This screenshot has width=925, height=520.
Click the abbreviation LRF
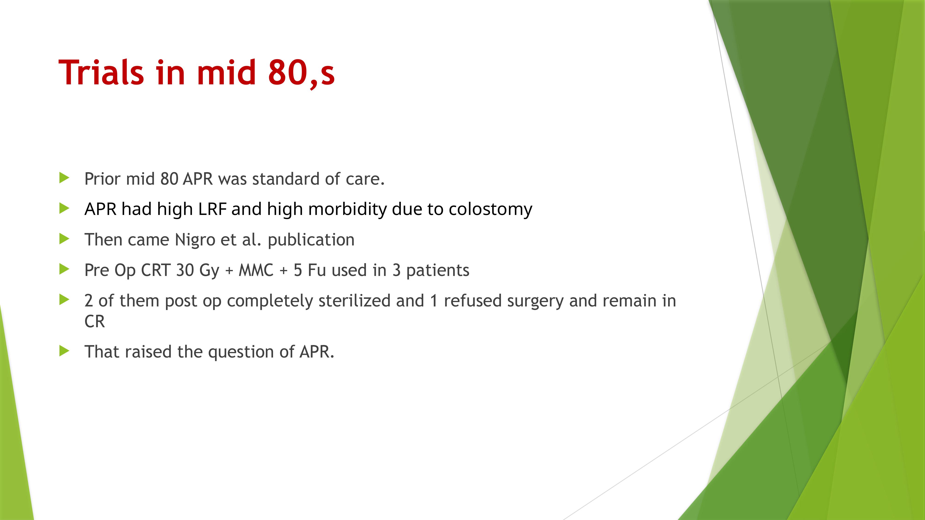point(212,209)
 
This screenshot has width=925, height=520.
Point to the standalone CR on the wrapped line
point(94,321)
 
